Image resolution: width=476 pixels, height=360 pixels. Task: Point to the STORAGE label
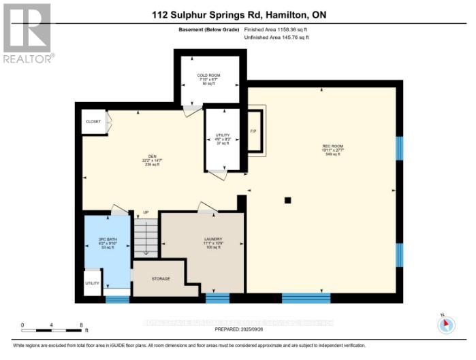[161, 279]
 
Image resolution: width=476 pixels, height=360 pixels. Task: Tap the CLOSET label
[93, 122]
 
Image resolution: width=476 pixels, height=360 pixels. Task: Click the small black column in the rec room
[288, 200]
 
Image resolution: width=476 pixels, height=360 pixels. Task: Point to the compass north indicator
[446, 324]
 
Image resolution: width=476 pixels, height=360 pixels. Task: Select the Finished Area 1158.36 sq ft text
[276, 29]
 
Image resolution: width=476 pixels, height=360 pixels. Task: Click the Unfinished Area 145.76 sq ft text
[276, 37]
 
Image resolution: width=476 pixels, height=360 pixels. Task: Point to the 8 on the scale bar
[81, 325]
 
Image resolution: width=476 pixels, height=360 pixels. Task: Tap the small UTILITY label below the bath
[92, 282]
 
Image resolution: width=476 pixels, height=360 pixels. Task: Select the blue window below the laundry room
[218, 298]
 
